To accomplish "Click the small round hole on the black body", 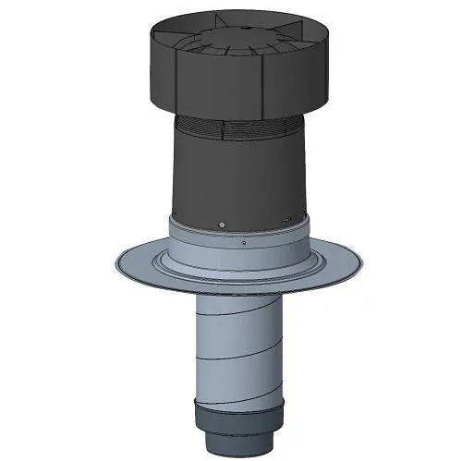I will tap(221, 224).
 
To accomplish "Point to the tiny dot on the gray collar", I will tap(241, 243).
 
